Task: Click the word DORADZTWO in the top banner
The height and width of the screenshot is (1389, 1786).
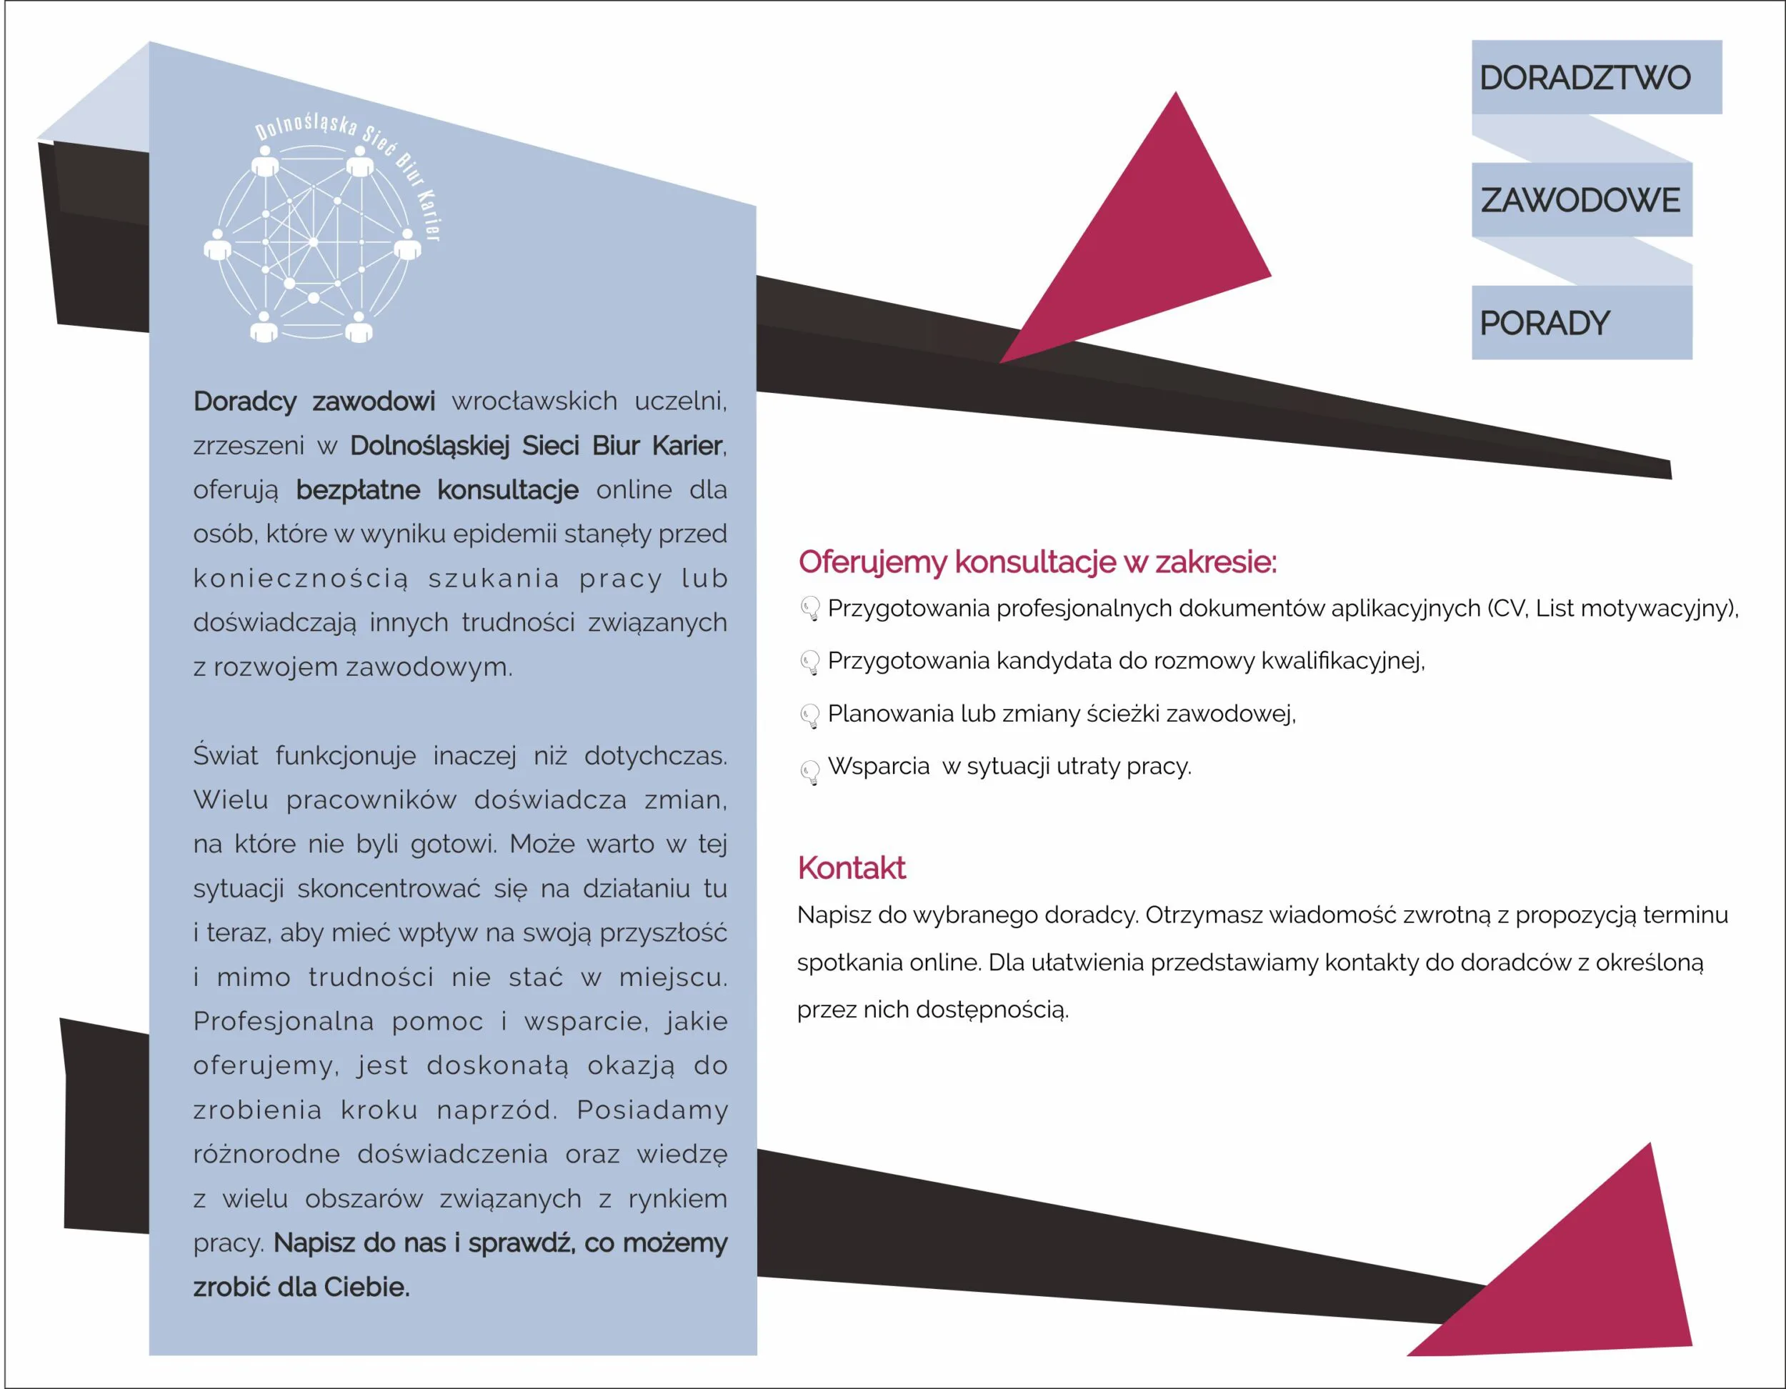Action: tap(1584, 78)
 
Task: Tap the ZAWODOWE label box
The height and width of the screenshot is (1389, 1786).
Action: tap(1580, 200)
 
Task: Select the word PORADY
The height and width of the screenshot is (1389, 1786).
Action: tap(1544, 323)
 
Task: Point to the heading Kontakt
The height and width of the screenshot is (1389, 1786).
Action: tap(852, 868)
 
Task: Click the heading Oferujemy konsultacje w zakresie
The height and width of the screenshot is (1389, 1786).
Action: tap(1037, 562)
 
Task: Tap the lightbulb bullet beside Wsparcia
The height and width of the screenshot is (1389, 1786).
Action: tap(809, 772)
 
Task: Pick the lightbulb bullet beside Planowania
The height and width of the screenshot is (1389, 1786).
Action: tap(809, 716)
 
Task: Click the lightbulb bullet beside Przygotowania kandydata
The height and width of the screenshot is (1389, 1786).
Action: tap(809, 662)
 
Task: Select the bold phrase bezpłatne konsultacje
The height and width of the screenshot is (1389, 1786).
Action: tap(436, 490)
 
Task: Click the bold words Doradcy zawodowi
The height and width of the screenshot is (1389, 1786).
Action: tap(314, 402)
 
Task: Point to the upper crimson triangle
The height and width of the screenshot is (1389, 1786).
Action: tap(1153, 245)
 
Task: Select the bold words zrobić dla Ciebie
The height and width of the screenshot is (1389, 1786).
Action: tap(301, 1288)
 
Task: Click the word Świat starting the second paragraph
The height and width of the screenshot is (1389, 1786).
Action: tap(225, 755)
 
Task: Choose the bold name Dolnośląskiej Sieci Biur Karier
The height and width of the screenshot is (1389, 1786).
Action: tap(537, 446)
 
